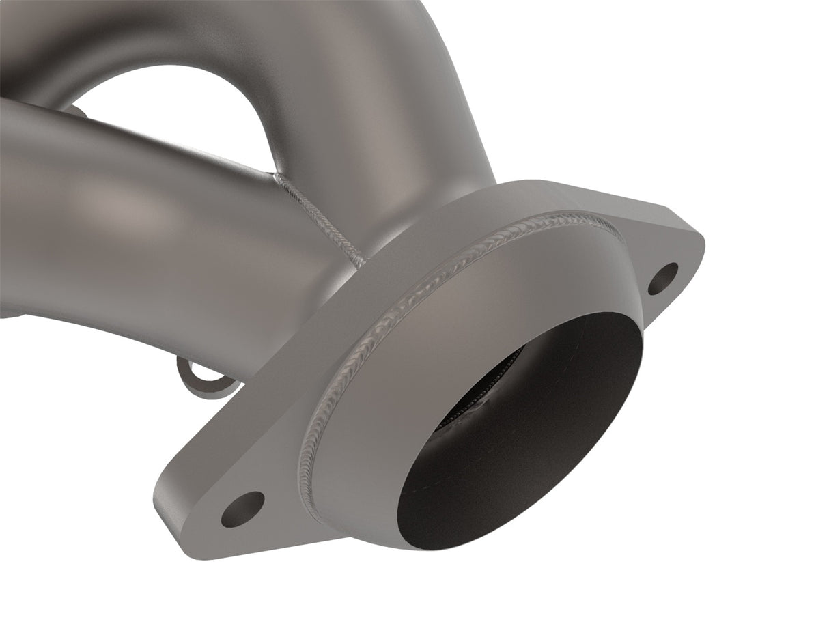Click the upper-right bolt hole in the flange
pos(663,279)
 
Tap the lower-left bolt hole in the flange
pos(242,509)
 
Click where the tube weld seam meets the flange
pos(362,263)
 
